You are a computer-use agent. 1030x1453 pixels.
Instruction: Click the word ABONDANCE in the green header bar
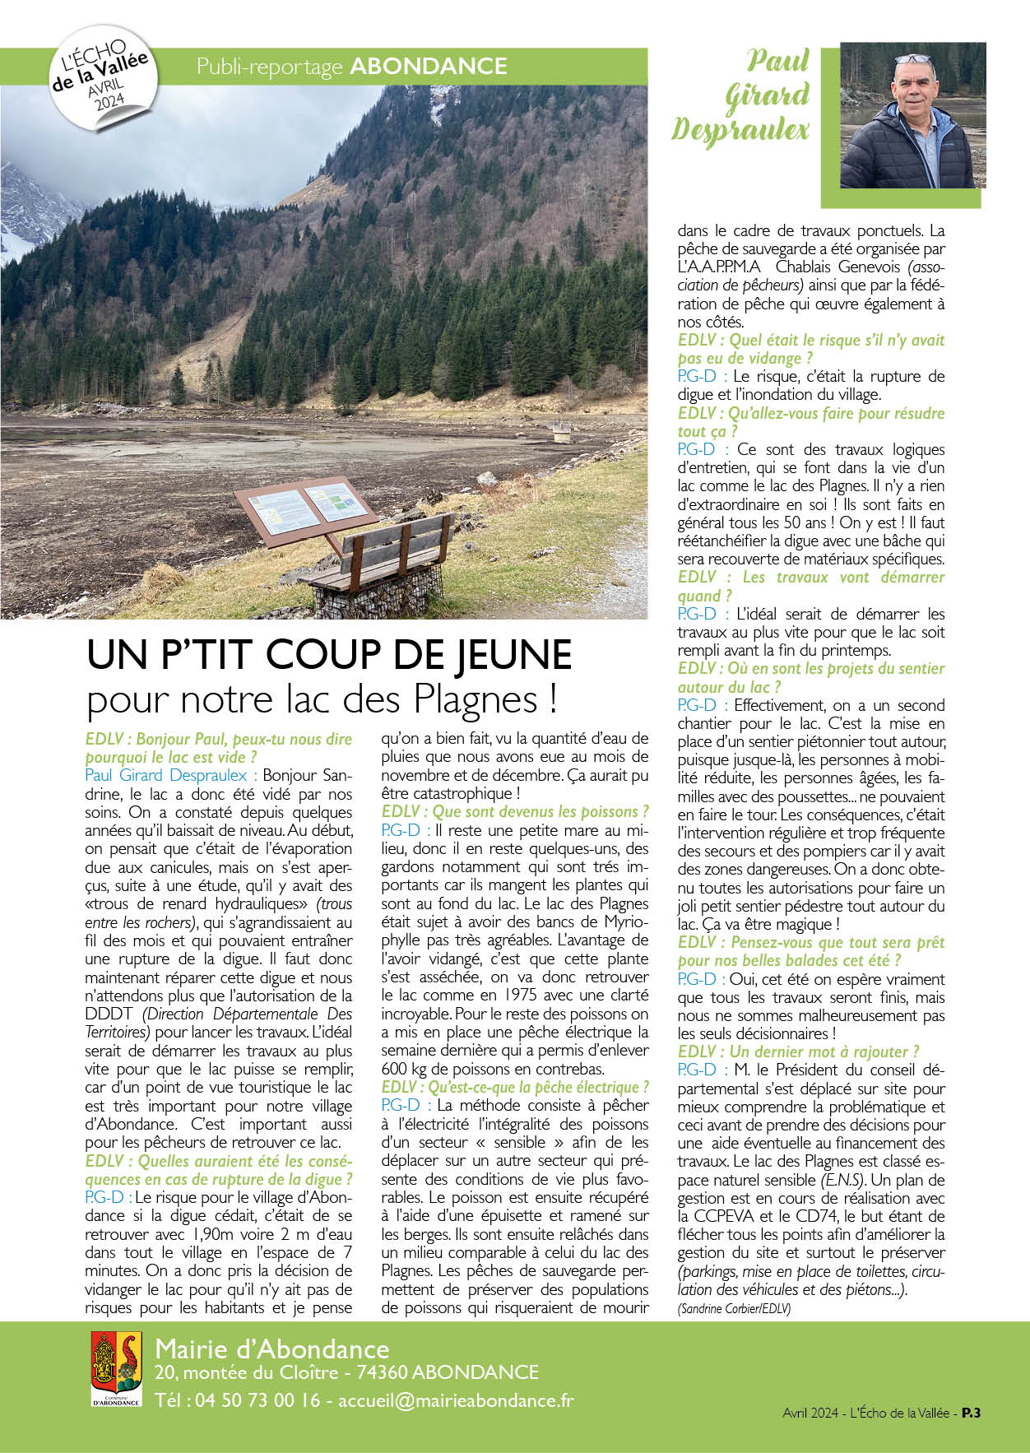(429, 67)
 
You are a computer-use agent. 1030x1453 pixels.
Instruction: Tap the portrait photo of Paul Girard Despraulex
(912, 115)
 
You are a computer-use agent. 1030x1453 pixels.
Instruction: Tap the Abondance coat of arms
(116, 1369)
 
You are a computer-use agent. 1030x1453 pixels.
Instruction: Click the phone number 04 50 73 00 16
(257, 1400)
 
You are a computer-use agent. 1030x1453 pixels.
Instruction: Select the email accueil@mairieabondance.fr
(456, 1400)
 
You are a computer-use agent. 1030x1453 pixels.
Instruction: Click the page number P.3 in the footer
(972, 1413)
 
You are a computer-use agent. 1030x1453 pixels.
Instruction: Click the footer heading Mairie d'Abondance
(271, 1349)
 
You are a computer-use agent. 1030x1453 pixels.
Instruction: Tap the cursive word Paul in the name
(777, 61)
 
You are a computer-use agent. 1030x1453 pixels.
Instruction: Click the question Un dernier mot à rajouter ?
(798, 1051)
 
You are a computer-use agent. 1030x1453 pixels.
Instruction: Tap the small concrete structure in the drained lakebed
(562, 429)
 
